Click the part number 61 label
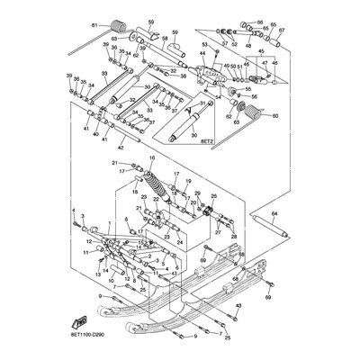point(94,27)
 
